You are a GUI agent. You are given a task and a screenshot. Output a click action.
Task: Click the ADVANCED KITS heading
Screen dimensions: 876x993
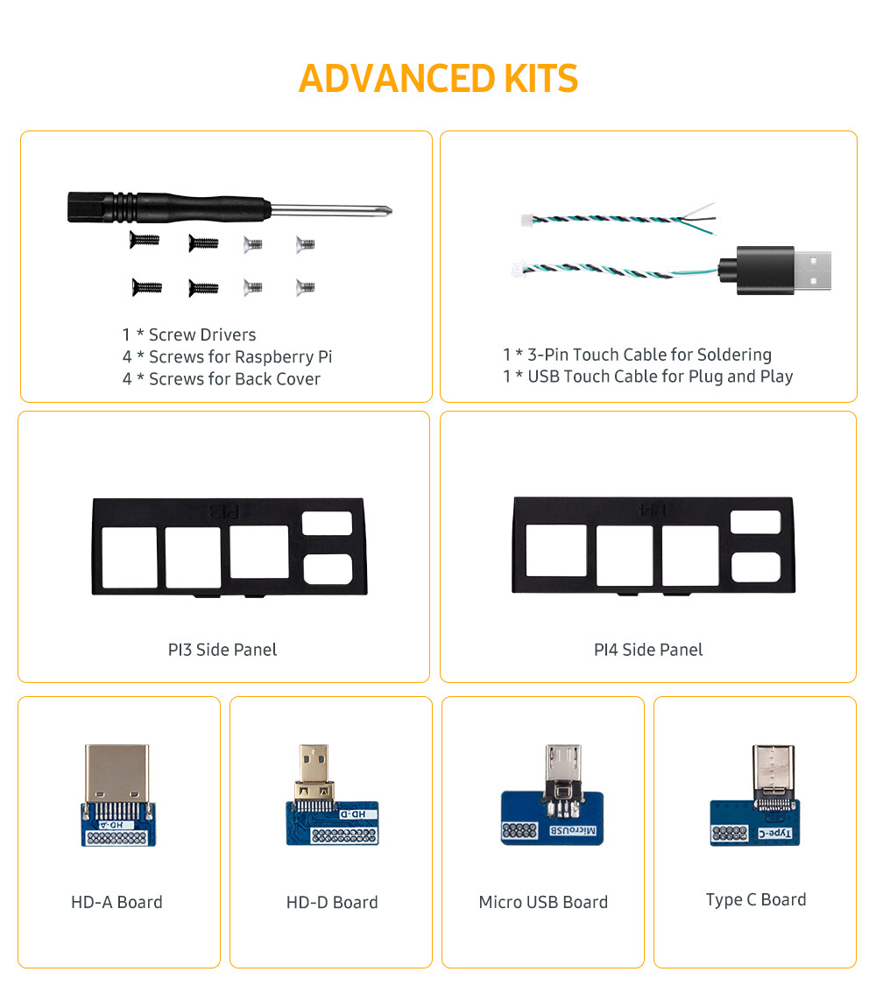[438, 79]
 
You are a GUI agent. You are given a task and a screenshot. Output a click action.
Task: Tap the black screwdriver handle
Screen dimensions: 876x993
[169, 208]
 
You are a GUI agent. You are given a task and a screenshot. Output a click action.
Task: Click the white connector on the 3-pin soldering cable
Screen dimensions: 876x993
[526, 221]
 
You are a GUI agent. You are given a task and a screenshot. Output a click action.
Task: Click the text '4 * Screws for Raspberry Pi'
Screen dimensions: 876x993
[228, 356]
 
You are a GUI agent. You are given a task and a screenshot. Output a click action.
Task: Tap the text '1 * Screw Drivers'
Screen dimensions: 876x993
[189, 335]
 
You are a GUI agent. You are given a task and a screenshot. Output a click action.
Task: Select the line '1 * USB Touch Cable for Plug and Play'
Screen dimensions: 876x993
[648, 377]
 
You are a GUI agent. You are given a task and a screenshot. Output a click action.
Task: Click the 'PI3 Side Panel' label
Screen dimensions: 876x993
[223, 650]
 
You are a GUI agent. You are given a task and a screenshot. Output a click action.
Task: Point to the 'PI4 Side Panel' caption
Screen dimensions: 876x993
[648, 650]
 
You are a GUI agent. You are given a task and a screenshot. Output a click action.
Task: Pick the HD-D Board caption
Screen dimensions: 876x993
[332, 903]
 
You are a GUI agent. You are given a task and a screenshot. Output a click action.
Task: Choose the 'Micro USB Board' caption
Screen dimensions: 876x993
[543, 903]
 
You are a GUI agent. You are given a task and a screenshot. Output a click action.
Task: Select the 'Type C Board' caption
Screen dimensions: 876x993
[756, 900]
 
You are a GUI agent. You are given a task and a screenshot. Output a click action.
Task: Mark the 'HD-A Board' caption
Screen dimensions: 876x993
[117, 903]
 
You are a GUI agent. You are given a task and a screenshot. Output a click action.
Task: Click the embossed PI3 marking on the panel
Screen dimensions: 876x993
[225, 511]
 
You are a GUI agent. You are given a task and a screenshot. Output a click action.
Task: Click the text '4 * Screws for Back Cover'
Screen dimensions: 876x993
[221, 378]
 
